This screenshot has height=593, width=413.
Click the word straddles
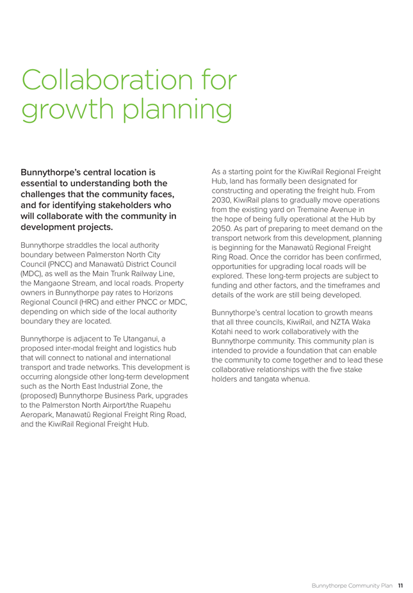click(x=90, y=245)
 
